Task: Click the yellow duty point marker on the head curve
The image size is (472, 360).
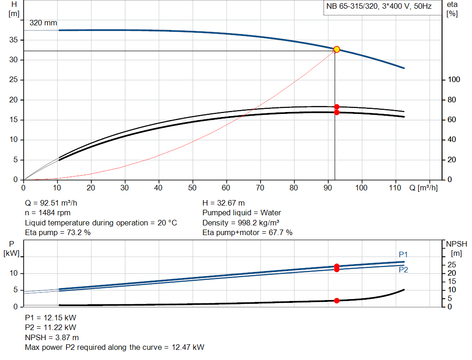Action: click(336, 49)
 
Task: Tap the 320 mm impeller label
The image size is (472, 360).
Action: click(43, 23)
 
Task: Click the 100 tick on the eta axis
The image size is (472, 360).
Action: click(454, 80)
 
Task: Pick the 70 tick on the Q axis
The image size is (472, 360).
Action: click(260, 188)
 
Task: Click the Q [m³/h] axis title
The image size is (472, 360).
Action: click(423, 188)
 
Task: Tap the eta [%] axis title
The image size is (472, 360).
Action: click(452, 8)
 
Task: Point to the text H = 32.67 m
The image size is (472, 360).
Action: click(224, 203)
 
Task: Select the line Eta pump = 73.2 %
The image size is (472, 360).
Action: click(58, 232)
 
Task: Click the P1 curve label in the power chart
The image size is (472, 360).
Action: click(403, 254)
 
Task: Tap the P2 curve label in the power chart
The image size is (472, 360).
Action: click(403, 270)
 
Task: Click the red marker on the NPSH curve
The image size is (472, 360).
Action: click(336, 301)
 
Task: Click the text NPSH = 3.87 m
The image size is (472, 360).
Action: click(52, 337)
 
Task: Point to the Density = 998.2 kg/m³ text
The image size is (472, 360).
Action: click(242, 223)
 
